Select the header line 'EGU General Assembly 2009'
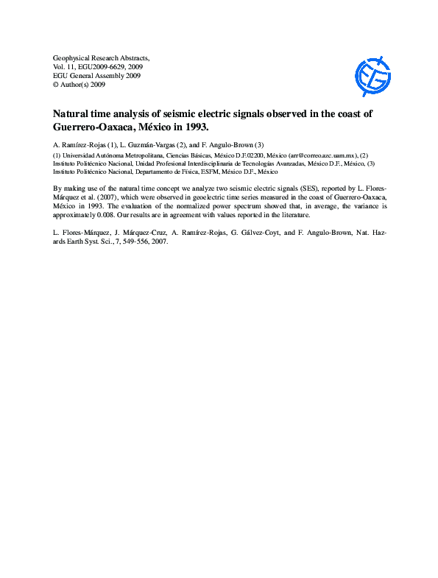click(97, 75)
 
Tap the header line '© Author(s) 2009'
click(80, 85)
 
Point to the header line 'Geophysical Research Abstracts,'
click(102, 57)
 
